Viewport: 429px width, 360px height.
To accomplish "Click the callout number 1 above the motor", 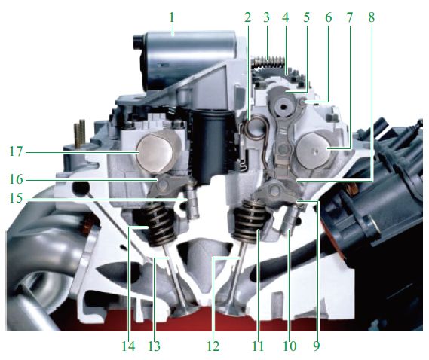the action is click(172, 18).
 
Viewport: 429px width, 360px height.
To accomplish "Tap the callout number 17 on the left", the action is click(16, 151).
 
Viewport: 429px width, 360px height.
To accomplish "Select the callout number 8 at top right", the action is click(371, 18).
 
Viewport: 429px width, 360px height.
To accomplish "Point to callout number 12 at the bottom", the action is click(213, 346).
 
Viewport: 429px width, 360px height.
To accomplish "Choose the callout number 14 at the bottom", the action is click(128, 346).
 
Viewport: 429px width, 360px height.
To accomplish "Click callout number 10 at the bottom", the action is click(290, 346).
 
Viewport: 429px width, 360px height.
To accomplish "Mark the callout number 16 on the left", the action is click(16, 179).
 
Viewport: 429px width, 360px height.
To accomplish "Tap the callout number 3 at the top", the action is click(266, 18).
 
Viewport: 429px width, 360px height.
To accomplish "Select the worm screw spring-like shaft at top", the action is click(269, 62).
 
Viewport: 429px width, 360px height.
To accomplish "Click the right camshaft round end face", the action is click(314, 151).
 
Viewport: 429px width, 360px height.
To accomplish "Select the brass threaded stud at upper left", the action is click(80, 135).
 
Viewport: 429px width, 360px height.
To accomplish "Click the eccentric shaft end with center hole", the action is click(282, 106).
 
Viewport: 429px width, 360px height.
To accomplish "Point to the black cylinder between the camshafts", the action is click(213, 145).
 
